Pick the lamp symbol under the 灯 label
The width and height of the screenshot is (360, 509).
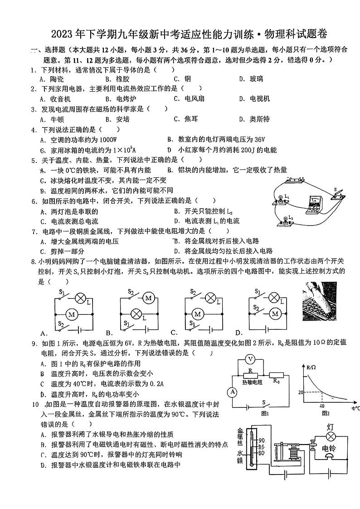click(331, 436)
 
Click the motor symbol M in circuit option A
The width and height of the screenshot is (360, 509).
click(70, 313)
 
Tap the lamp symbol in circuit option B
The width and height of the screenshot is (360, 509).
click(134, 313)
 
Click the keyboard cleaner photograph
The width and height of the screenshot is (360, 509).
click(319, 301)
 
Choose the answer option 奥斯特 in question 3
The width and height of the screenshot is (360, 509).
click(260, 119)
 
